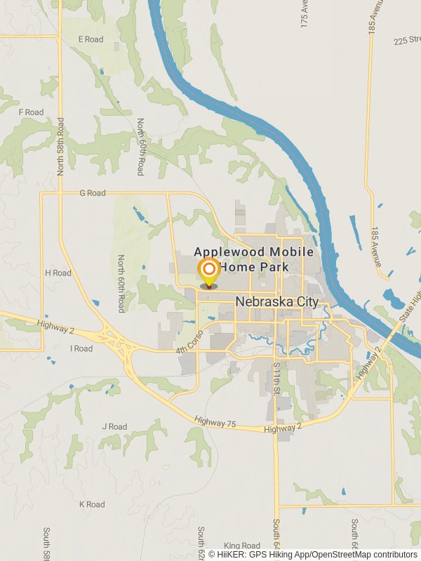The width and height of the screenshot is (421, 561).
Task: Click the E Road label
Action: click(x=91, y=39)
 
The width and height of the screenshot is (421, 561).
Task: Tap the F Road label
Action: click(x=31, y=112)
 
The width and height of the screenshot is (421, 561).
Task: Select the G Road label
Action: click(x=92, y=193)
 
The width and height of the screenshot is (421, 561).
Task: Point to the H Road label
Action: click(x=58, y=273)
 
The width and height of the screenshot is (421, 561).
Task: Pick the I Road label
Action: click(x=81, y=349)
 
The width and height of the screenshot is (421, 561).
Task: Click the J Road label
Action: click(x=114, y=426)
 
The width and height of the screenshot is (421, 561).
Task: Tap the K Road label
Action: click(x=92, y=504)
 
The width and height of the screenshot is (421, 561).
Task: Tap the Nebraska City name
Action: click(x=276, y=302)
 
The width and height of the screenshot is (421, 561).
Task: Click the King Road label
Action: click(x=242, y=546)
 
